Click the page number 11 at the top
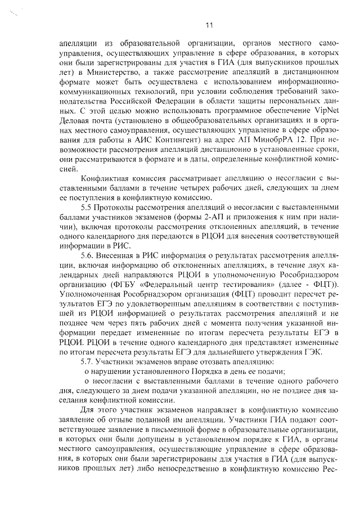click(x=209, y=25)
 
